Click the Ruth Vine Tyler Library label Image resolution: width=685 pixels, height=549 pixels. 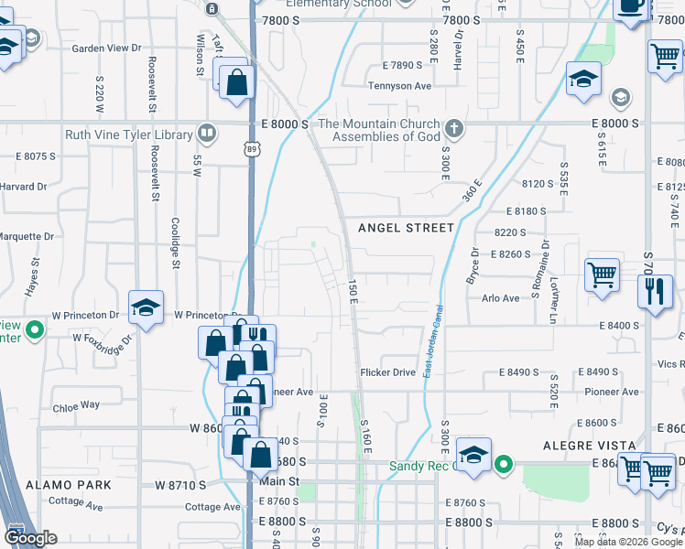[129, 135]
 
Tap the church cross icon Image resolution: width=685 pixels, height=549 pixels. [453, 128]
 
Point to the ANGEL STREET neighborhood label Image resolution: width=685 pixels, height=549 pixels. [406, 228]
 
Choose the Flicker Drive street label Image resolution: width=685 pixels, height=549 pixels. [387, 372]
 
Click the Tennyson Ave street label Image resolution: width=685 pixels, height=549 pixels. [399, 86]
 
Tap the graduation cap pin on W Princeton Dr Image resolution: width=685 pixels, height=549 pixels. [145, 309]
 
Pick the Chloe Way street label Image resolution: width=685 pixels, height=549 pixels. [76, 405]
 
